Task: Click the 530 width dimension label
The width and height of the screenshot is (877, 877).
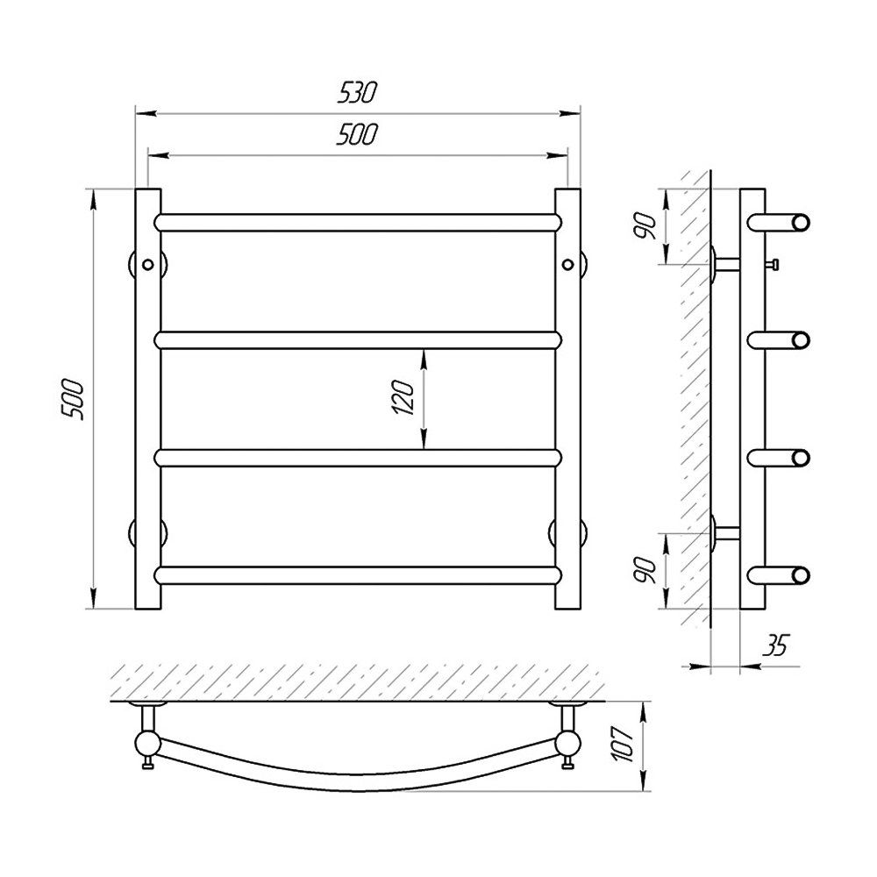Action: [357, 94]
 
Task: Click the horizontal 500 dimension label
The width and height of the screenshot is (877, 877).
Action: [357, 134]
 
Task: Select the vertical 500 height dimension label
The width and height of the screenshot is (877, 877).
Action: [73, 399]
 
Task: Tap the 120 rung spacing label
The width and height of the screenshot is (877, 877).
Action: [403, 397]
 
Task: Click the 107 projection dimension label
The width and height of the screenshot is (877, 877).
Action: [623, 744]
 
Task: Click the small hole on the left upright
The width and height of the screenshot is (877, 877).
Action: [147, 265]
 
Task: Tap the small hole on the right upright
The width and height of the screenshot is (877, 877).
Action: [567, 264]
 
